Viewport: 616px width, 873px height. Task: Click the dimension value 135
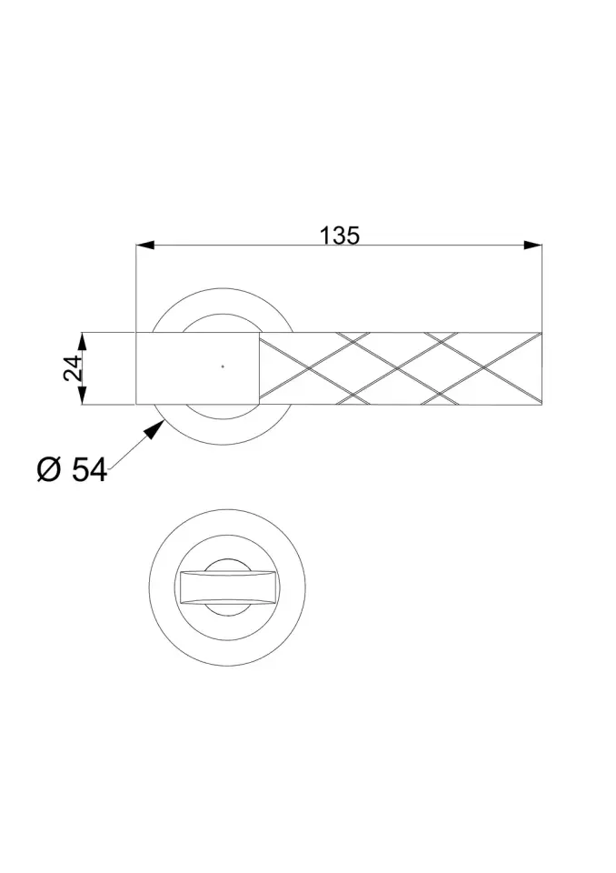(x=340, y=236)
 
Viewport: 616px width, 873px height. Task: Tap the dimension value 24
(x=73, y=367)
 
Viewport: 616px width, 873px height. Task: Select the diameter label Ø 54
(x=72, y=469)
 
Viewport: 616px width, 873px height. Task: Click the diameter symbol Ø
(x=48, y=469)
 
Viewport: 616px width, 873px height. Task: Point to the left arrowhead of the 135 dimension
(x=145, y=245)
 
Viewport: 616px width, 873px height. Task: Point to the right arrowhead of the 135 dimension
(x=533, y=245)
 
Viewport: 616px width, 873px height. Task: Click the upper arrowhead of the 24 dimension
(x=82, y=341)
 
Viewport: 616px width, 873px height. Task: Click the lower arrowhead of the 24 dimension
(x=82, y=396)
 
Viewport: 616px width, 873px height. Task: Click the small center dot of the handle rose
(x=223, y=366)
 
